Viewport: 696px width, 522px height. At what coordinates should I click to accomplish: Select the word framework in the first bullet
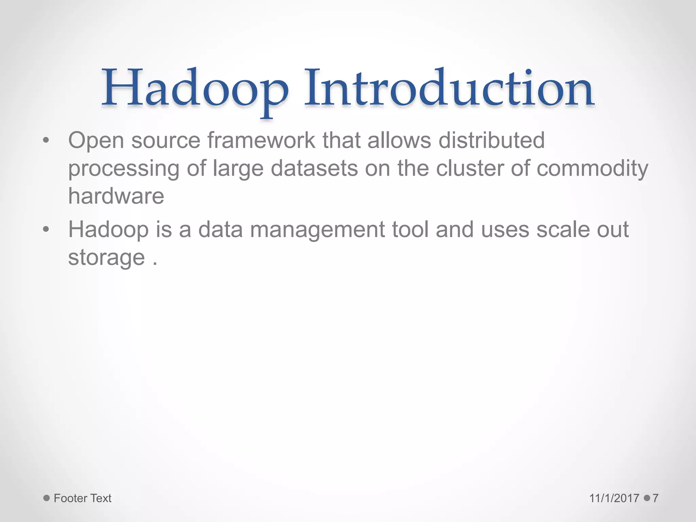[x=261, y=140]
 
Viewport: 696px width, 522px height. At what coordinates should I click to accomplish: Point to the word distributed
[x=491, y=140]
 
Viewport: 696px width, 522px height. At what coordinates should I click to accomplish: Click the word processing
[x=124, y=169]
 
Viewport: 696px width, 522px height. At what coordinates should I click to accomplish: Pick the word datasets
[x=314, y=168]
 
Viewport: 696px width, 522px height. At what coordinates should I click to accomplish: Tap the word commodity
[x=592, y=169]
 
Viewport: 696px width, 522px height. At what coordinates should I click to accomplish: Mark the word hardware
[x=116, y=196]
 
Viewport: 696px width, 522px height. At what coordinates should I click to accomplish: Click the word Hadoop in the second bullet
[x=108, y=230]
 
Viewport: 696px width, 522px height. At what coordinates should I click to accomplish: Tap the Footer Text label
[x=83, y=498]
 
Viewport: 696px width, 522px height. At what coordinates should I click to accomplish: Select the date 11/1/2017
[x=614, y=498]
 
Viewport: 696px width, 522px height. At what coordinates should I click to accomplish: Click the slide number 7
[x=656, y=498]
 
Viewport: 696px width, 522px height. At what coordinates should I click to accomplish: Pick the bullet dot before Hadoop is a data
[x=46, y=229]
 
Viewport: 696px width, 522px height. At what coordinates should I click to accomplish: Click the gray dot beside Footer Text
[x=47, y=498]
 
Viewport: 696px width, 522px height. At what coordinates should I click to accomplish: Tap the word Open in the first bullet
[x=96, y=141]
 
